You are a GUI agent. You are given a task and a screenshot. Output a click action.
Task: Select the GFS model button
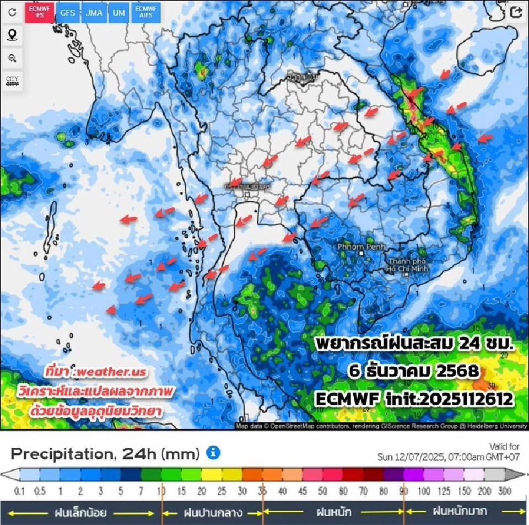click(68, 13)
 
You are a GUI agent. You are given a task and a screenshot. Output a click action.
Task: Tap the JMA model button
click(94, 13)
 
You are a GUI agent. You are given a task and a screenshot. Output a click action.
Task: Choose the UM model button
click(118, 13)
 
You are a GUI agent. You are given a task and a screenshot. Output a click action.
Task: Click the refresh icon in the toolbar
click(12, 12)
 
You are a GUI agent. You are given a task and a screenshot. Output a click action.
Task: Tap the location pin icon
click(12, 35)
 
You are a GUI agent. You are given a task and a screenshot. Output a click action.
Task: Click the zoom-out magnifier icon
click(12, 58)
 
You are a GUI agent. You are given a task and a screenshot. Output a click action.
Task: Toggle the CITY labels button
click(12, 81)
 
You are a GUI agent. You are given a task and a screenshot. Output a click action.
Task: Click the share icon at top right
click(516, 13)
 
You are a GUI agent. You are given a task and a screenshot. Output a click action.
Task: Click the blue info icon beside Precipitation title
click(213, 453)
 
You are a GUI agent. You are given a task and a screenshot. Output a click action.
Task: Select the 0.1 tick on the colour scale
click(20, 491)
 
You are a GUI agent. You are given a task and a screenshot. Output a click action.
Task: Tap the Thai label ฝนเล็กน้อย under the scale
click(81, 512)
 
